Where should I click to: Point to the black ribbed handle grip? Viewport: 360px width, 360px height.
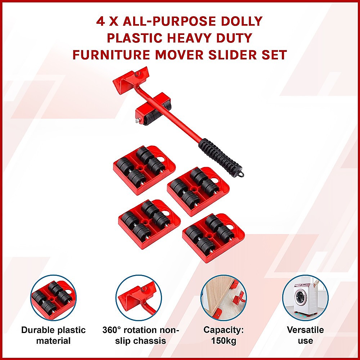[x=219, y=155]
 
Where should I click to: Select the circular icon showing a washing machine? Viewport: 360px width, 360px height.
[x=305, y=298]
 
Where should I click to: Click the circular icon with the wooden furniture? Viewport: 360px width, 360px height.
[x=224, y=298]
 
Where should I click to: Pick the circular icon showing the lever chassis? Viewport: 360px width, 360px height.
[x=139, y=298]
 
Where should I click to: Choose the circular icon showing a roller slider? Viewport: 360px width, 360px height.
[x=53, y=298]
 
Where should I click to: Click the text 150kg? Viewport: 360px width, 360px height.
[x=223, y=341]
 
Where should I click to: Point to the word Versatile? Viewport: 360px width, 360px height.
[x=305, y=330]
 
